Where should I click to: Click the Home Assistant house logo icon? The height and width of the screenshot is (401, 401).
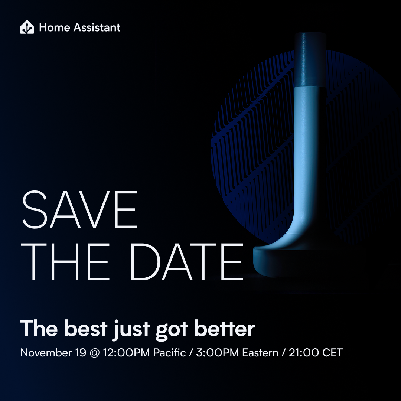pyautogui.click(x=27, y=27)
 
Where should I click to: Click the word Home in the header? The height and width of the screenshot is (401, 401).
pyautogui.click(x=55, y=27)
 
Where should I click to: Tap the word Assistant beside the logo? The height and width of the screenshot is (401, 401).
pyautogui.click(x=97, y=27)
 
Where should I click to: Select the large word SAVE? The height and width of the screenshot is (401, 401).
pyautogui.click(x=80, y=209)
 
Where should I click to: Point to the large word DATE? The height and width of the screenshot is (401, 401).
pyautogui.click(x=187, y=262)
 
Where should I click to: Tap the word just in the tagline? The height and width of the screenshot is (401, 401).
pyautogui.click(x=131, y=330)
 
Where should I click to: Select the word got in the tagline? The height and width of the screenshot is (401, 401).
pyautogui.click(x=172, y=330)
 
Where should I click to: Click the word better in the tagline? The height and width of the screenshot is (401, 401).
pyautogui.click(x=225, y=328)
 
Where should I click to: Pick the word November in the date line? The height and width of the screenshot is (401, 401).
pyautogui.click(x=46, y=353)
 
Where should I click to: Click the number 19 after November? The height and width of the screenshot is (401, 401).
pyautogui.click(x=81, y=353)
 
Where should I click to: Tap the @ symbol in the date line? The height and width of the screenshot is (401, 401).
pyautogui.click(x=95, y=353)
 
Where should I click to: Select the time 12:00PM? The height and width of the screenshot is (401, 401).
pyautogui.click(x=126, y=353)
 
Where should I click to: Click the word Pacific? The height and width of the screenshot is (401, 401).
pyautogui.click(x=169, y=353)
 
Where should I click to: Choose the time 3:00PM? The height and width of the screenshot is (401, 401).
pyautogui.click(x=217, y=353)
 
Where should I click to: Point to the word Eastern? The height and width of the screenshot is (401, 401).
pyautogui.click(x=260, y=353)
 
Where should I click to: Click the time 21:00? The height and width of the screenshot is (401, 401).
pyautogui.click(x=304, y=353)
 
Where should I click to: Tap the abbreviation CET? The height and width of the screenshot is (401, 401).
pyautogui.click(x=332, y=353)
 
